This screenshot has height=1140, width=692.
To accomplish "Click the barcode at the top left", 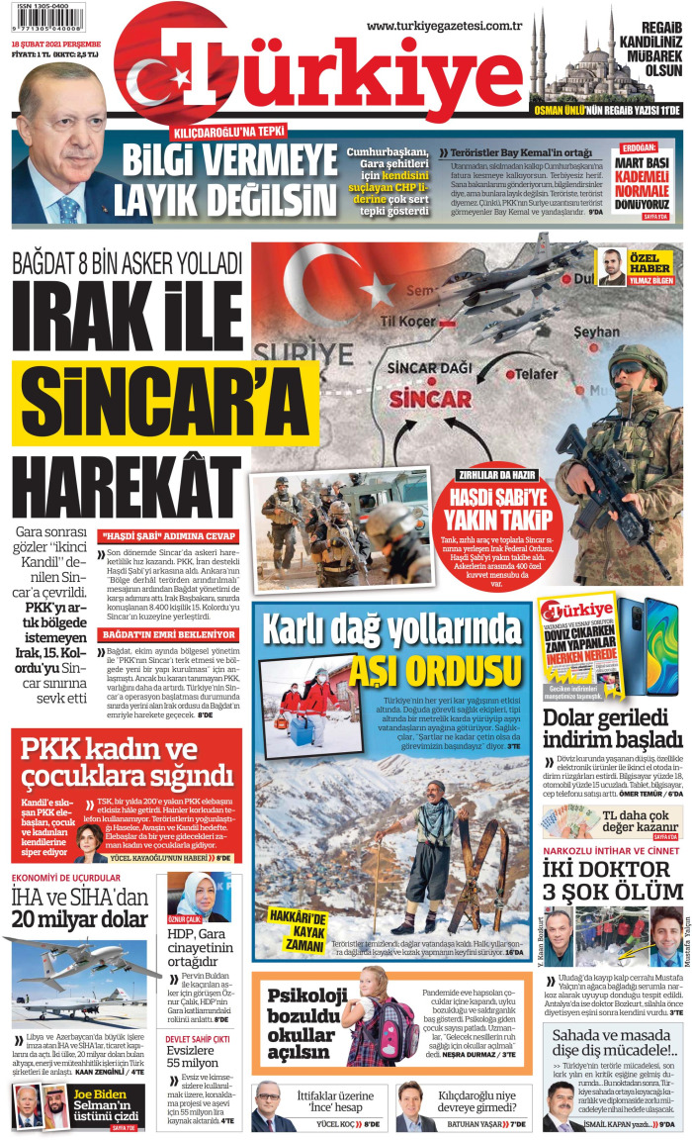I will (47, 17).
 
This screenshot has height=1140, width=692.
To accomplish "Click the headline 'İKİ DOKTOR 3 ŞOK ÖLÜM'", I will (613, 887).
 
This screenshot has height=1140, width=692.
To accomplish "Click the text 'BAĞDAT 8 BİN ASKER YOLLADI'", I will (127, 264).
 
